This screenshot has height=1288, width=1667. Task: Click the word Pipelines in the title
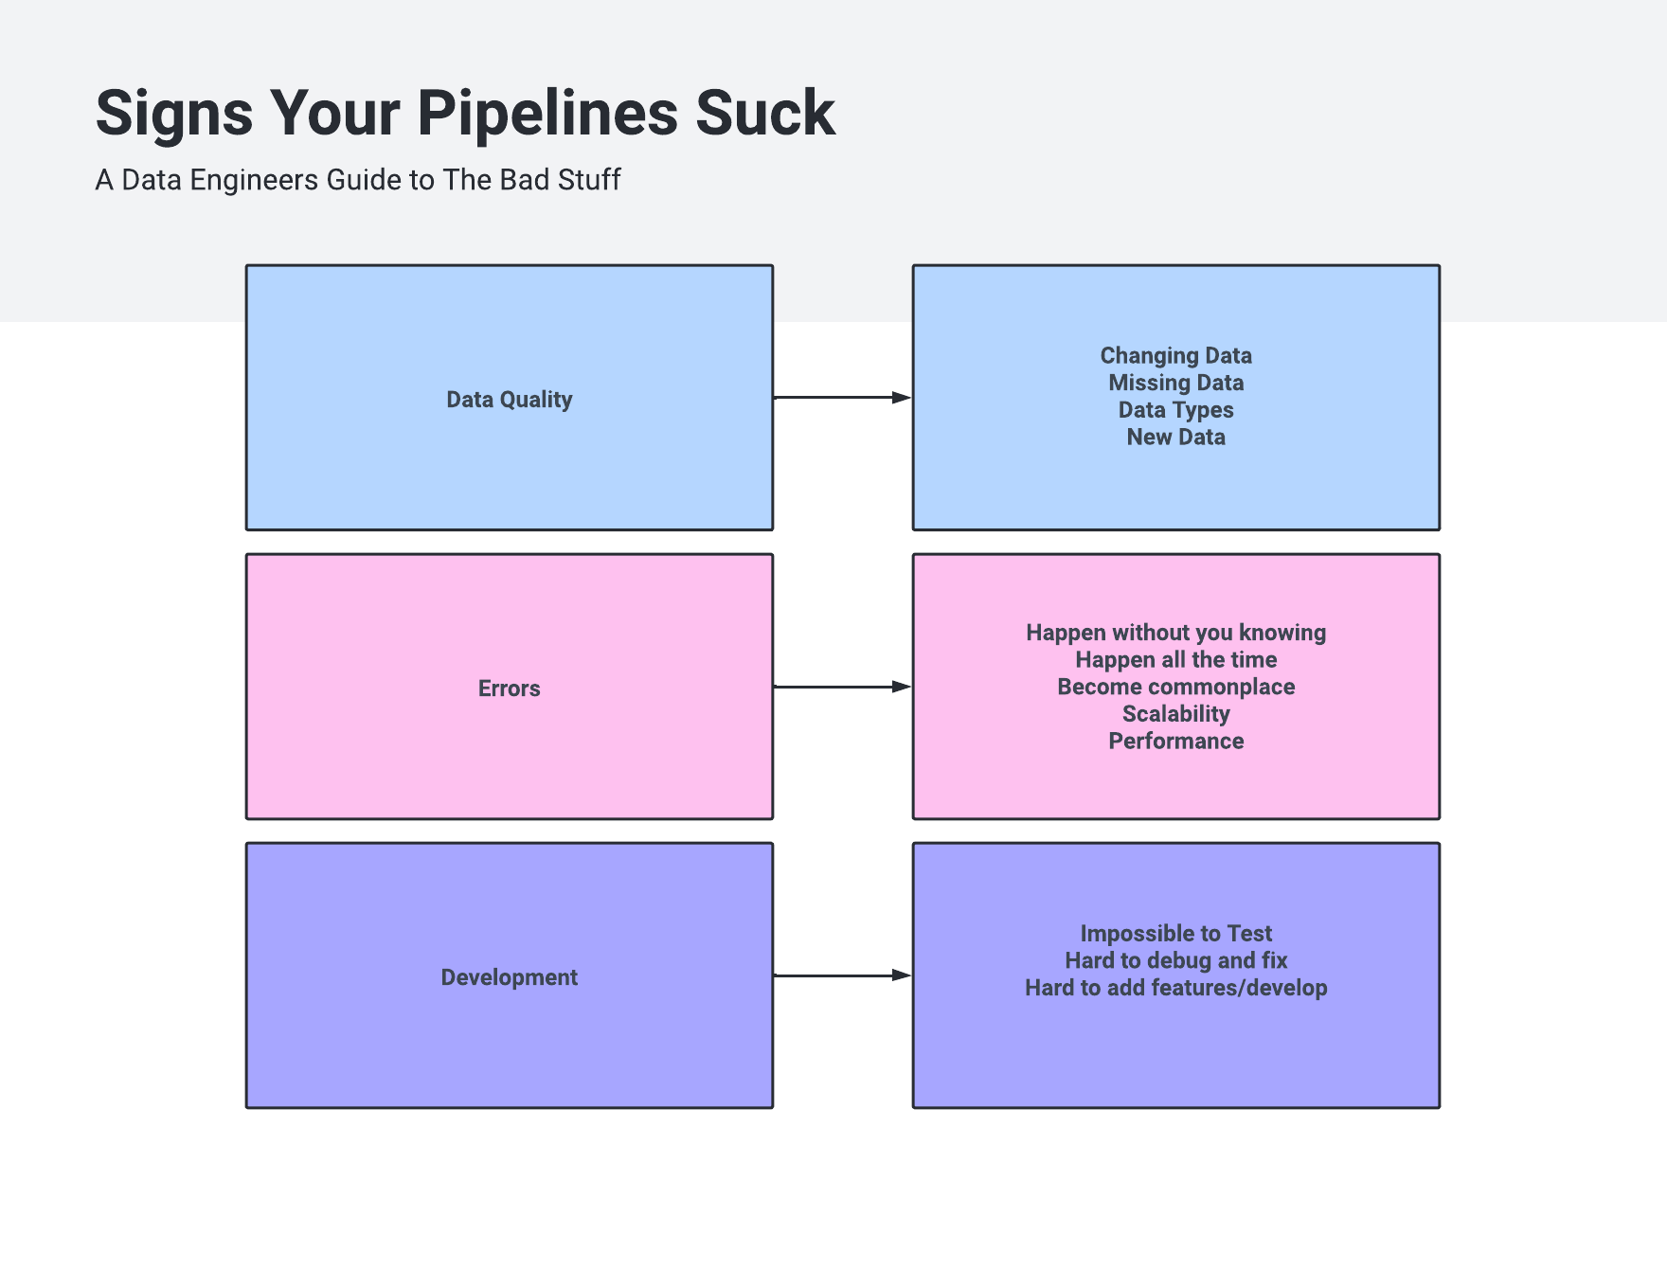547,114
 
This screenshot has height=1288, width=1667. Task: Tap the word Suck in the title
765,114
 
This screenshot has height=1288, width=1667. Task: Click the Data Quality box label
510,400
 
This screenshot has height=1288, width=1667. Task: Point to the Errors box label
510,689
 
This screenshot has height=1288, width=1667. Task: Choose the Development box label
510,977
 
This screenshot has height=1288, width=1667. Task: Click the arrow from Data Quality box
842,398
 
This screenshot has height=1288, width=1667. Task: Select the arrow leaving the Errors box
842,687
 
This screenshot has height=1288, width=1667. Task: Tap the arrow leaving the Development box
842,975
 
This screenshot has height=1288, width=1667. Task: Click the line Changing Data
1175,356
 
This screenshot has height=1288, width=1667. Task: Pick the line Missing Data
1175,384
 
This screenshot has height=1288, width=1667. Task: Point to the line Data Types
1175,410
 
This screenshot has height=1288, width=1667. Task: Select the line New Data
1175,438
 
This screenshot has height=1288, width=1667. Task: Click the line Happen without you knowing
1175,633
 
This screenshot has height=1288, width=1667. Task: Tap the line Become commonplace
1175,688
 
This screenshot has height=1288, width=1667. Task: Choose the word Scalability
1175,714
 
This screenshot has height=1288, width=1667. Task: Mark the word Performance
1175,742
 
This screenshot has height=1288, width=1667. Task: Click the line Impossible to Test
1175,934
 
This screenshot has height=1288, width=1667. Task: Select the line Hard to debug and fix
1175,961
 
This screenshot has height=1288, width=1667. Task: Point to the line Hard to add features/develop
1175,989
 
